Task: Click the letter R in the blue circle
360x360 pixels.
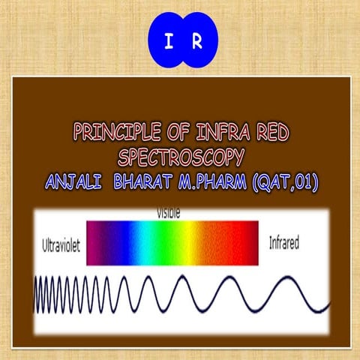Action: (x=196, y=39)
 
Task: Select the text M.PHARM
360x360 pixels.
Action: (x=217, y=182)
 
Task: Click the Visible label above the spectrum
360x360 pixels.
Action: (x=168, y=214)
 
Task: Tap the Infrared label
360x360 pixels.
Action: (x=284, y=244)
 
